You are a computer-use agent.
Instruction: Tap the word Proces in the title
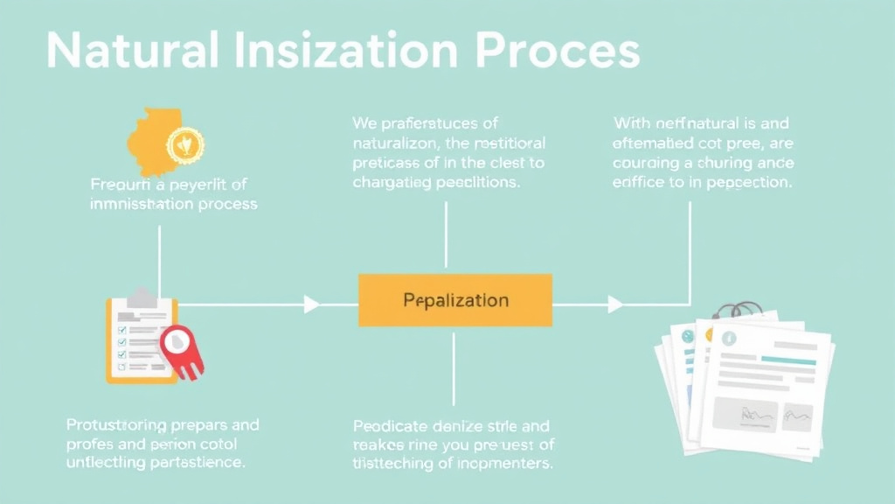558,52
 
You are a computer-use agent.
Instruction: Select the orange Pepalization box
454,300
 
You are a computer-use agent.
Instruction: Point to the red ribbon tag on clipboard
183,351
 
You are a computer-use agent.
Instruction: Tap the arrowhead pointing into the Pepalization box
311,304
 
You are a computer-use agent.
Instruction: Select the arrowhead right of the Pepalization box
615,304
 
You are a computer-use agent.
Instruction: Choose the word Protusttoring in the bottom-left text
115,425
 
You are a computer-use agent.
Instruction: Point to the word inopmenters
507,464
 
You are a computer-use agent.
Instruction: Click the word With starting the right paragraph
632,122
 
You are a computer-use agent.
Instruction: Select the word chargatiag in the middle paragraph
391,183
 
